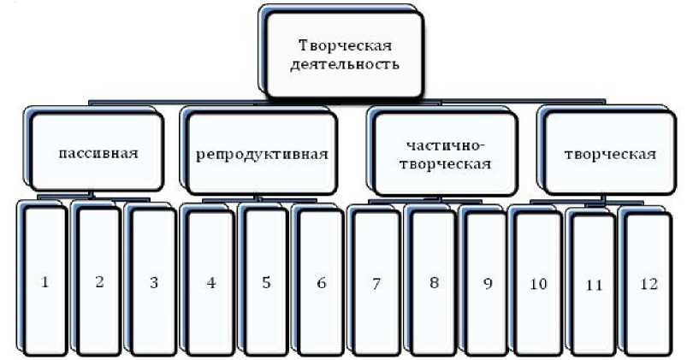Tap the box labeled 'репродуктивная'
262,154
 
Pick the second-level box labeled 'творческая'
610,154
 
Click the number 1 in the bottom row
44,281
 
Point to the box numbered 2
99,281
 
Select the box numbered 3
154,281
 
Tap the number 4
210,281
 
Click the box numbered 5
265,281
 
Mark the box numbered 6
321,281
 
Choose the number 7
376,281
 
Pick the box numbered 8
434,281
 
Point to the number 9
487,283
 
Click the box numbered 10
537,283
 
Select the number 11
593,285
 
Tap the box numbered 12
647,285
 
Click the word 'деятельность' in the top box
348,64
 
